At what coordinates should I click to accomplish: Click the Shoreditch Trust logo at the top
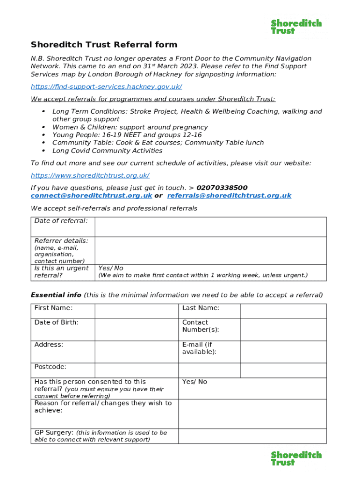click(296, 27)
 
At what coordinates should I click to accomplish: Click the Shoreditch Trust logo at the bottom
click(296, 458)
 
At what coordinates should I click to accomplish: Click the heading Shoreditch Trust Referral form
click(104, 45)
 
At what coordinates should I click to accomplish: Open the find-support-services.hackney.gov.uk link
click(106, 87)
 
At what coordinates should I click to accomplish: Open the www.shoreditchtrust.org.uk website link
click(90, 175)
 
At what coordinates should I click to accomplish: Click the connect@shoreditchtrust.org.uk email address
click(91, 196)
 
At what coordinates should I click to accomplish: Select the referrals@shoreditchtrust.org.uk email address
click(229, 196)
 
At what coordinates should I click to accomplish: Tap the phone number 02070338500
click(222, 188)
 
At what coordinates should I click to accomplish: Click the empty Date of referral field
click(210, 227)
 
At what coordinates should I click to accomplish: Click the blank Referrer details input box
click(210, 250)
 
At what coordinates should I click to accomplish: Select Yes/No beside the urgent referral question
click(111, 268)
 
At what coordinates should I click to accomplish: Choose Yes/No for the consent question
click(194, 382)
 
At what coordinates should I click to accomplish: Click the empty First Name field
click(137, 311)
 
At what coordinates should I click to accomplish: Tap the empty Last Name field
click(283, 311)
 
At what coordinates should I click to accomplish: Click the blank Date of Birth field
click(137, 329)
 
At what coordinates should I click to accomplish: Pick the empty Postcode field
click(137, 370)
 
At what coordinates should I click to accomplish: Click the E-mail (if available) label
click(199, 348)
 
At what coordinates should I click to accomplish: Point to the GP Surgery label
click(54, 433)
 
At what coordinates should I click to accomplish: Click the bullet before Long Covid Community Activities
click(43, 151)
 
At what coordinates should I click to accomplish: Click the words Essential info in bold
click(56, 295)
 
